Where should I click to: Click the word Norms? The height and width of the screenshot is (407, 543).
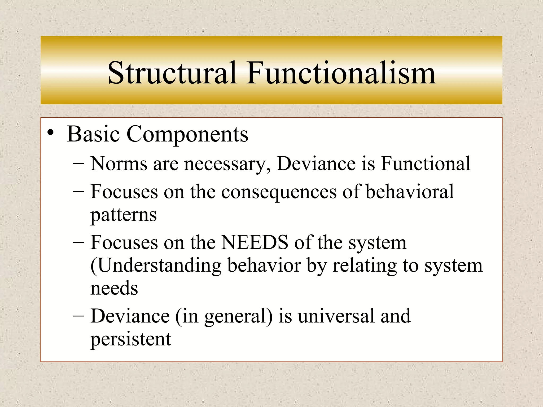point(119,163)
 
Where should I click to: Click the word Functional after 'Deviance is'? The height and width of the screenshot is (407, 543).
point(426,163)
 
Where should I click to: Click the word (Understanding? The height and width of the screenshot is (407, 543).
point(156,266)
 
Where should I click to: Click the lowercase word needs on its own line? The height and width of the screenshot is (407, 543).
point(114,288)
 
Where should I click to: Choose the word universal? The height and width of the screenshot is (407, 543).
point(336,316)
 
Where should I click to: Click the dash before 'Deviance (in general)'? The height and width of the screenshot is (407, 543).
point(78,316)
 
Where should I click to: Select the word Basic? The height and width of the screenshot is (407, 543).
point(93,134)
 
